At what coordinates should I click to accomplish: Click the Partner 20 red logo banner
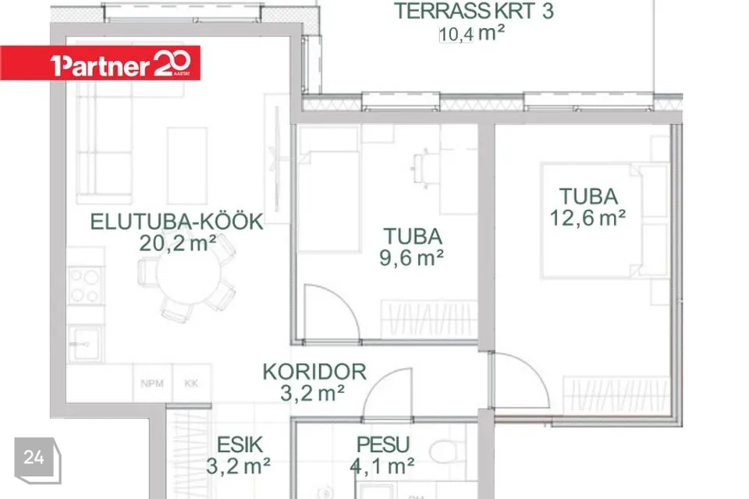point(101,63)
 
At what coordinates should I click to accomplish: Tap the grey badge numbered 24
point(37,460)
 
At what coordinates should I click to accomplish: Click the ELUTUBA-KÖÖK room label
point(177,221)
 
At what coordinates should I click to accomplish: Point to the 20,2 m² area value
point(177,243)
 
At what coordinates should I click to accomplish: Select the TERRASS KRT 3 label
point(474,11)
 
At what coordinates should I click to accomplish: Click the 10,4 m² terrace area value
point(471,34)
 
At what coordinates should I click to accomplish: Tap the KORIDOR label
point(314,371)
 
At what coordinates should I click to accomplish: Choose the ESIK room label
point(240,444)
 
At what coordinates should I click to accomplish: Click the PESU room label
point(383,444)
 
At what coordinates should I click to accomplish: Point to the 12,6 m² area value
point(587,218)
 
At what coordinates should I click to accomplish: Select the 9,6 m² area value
point(411,258)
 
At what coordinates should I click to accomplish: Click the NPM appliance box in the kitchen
point(152,383)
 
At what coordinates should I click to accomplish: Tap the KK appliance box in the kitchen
point(192,383)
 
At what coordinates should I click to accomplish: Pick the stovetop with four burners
point(85,285)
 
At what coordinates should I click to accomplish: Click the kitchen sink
point(85,343)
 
